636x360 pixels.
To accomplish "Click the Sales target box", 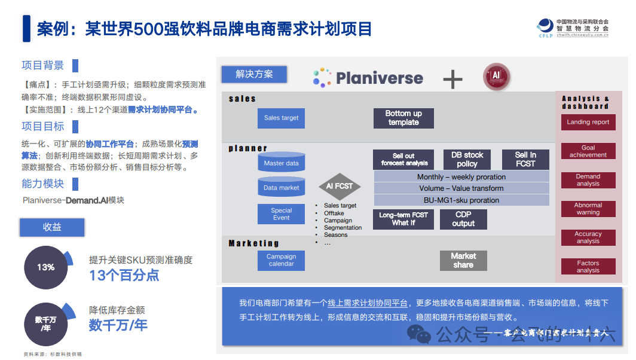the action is [x=281, y=118].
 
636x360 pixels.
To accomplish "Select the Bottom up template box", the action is [x=403, y=118].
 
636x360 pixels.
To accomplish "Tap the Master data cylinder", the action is [x=281, y=163].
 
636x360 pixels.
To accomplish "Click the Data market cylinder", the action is [x=281, y=187].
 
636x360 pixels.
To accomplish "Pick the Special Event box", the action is [x=281, y=214].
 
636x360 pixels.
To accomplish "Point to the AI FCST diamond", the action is [x=340, y=186].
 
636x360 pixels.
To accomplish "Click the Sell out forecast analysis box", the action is [x=403, y=159].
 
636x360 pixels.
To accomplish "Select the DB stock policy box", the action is [x=467, y=159].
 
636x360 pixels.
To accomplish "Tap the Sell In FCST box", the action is [x=525, y=159].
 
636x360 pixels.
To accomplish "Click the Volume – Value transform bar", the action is [x=461, y=188].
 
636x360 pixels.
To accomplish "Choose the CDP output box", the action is [x=463, y=219].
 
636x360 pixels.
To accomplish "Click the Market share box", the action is [x=463, y=260].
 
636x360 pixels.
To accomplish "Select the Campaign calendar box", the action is [x=281, y=260].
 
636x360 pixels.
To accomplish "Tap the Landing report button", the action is [x=588, y=122].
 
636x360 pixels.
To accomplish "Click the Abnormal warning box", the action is [x=588, y=209].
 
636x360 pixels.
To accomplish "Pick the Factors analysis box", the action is [x=588, y=267].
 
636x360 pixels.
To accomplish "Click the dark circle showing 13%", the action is [x=46, y=267].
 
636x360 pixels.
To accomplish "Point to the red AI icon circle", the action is [x=496, y=77].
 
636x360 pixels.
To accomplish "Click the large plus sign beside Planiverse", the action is [x=452, y=78].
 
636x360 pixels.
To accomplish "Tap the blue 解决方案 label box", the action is [x=254, y=74].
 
